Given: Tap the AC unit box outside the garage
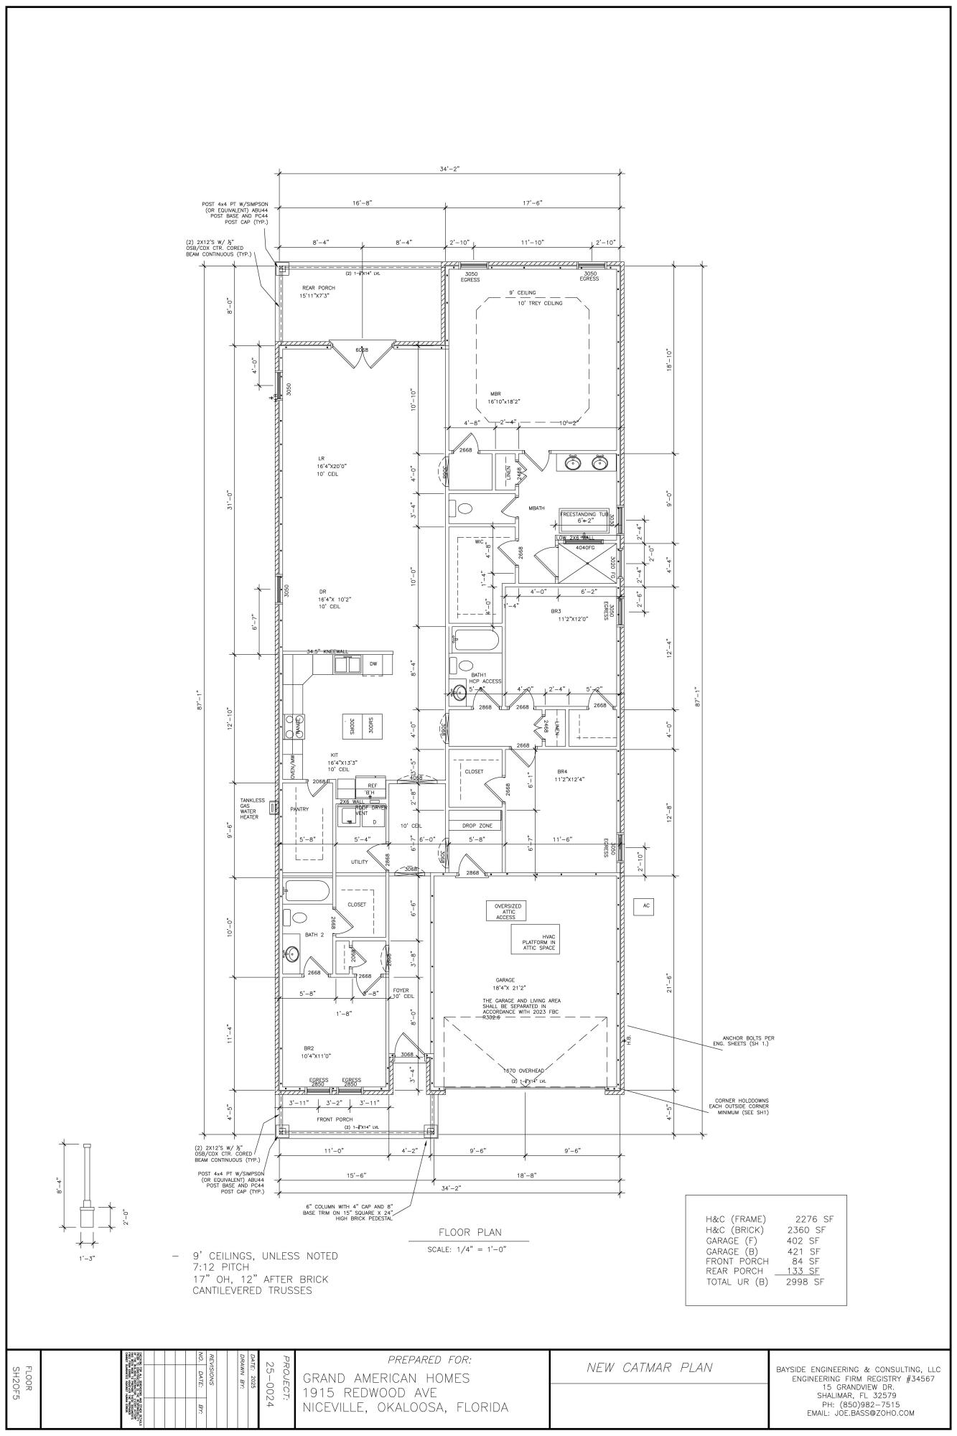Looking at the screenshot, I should point(646,905).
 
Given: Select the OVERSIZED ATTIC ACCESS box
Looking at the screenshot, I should point(504,911).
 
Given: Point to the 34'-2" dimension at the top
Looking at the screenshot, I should point(449,169).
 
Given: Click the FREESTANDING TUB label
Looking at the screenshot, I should point(584,514).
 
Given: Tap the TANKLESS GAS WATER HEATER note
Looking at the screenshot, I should point(253,808).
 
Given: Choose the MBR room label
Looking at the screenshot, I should point(495,394).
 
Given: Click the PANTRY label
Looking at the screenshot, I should point(299,808).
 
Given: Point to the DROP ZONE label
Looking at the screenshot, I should point(475,826).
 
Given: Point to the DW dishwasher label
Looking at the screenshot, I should point(373,664).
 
